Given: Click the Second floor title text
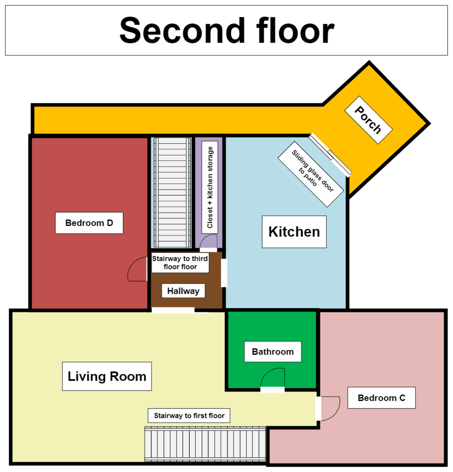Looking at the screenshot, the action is coord(227,31).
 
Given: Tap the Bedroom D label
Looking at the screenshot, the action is coord(89,223).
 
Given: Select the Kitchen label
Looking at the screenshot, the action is coord(294,232).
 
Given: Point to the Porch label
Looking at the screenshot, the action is coord(368,120).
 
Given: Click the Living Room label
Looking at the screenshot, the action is coord(107,376).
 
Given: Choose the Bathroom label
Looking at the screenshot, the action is coord(273,352).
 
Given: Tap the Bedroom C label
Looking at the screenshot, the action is coord(381,398).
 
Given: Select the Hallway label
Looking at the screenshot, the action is coord(183,291).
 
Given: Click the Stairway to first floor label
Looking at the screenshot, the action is coord(189,416).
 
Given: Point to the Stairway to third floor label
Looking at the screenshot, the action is coord(180,263).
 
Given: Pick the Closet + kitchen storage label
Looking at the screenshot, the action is coord(210,187).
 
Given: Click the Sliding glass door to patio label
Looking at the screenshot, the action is coord(311,174).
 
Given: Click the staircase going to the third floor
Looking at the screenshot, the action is coord(172,192).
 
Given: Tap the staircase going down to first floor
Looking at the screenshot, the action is coord(205,444).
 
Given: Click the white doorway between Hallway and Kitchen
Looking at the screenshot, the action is coord(224,273).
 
